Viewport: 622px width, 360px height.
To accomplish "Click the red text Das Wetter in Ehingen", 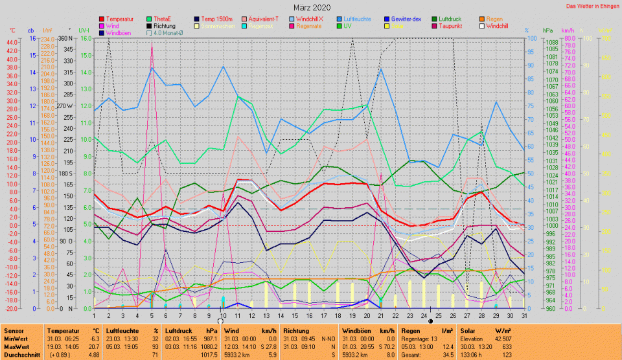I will click(592, 6).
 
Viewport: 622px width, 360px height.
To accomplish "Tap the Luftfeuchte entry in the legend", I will click(358, 19).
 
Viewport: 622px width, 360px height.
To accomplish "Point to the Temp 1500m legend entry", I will click(216, 19).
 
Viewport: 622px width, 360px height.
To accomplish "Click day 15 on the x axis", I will click(295, 315).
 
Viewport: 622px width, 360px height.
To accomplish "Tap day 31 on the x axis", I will click(524, 315).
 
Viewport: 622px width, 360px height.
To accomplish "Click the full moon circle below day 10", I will click(221, 321).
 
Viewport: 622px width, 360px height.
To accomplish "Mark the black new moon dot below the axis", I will click(430, 321).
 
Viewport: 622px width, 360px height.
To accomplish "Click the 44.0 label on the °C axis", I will click(12, 42).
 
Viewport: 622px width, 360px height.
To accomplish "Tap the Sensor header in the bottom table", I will click(14, 330).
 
